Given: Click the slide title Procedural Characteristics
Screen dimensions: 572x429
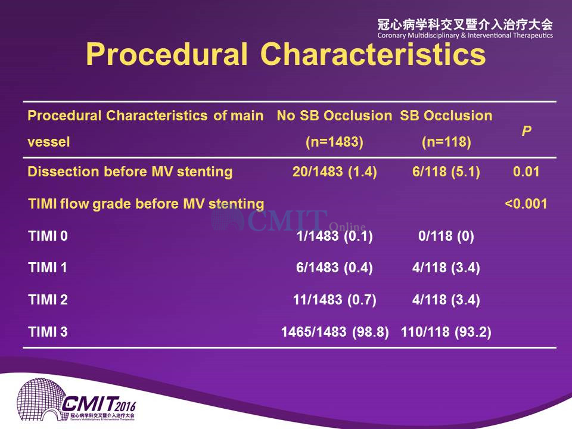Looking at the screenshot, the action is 285,54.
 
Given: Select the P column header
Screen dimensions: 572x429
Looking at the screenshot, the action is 526,130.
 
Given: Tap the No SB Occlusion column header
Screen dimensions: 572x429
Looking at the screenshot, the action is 334,116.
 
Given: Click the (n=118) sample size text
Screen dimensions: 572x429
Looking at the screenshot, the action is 446,142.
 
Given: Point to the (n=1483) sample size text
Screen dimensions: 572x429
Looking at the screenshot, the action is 334,142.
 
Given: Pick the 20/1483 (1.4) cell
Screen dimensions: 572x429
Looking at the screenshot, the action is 334,172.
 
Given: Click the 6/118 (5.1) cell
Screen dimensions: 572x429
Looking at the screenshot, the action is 446,172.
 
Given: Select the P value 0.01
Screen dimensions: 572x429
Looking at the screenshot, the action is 526,172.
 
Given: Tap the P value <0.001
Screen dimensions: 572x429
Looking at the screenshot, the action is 526,204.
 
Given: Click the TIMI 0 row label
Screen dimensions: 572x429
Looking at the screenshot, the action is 48,236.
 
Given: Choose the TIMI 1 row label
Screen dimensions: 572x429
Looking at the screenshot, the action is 48,268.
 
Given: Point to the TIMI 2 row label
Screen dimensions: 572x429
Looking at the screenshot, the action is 48,300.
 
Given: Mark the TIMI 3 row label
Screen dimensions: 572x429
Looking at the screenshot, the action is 48,332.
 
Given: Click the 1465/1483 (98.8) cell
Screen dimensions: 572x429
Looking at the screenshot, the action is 335,332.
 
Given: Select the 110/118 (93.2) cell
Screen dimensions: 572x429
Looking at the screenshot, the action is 446,332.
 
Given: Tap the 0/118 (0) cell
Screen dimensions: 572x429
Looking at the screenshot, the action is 446,236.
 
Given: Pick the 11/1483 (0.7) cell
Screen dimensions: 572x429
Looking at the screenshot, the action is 334,300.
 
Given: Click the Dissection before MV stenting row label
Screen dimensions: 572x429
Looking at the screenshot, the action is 130,172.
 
